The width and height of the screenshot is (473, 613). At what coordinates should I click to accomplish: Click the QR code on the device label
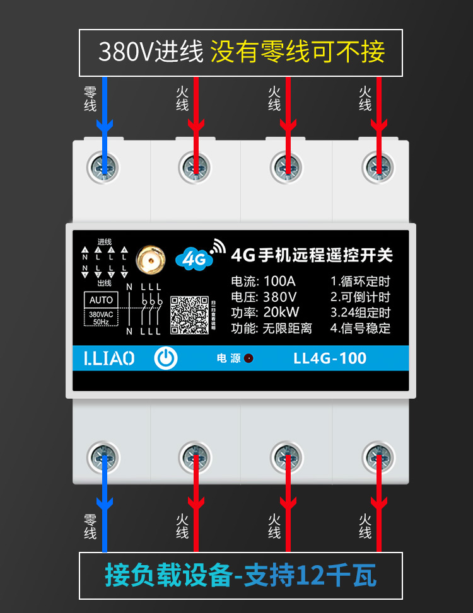[x=189, y=314]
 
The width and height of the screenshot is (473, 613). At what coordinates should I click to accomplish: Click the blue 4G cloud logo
[x=192, y=257]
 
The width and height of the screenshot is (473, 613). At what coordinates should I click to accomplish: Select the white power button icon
[x=166, y=358]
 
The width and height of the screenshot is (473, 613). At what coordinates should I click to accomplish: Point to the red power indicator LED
[x=249, y=358]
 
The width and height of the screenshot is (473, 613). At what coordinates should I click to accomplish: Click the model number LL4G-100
[x=330, y=358]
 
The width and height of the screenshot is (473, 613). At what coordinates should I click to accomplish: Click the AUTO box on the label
[x=101, y=300]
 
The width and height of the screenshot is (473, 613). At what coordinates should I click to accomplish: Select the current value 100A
[x=280, y=281]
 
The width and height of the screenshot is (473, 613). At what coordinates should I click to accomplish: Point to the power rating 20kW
[x=282, y=312]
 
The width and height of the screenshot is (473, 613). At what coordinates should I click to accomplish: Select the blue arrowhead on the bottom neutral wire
[x=104, y=502]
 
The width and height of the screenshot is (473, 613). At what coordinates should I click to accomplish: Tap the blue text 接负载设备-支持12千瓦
[x=240, y=576]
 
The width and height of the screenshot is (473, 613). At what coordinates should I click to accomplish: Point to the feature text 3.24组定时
[x=360, y=312]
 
